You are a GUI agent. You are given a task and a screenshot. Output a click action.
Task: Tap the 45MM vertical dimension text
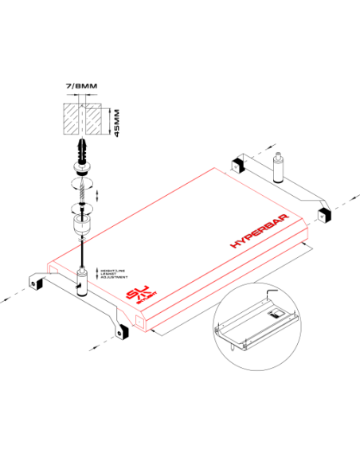coord(116,123)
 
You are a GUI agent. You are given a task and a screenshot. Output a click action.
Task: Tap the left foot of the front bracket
coord(34,282)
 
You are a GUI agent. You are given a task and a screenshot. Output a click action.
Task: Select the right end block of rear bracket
coord(323,215)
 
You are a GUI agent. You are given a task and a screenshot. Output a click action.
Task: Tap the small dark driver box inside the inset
coord(273,314)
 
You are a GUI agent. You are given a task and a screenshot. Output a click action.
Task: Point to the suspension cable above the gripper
coord(81,255)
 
